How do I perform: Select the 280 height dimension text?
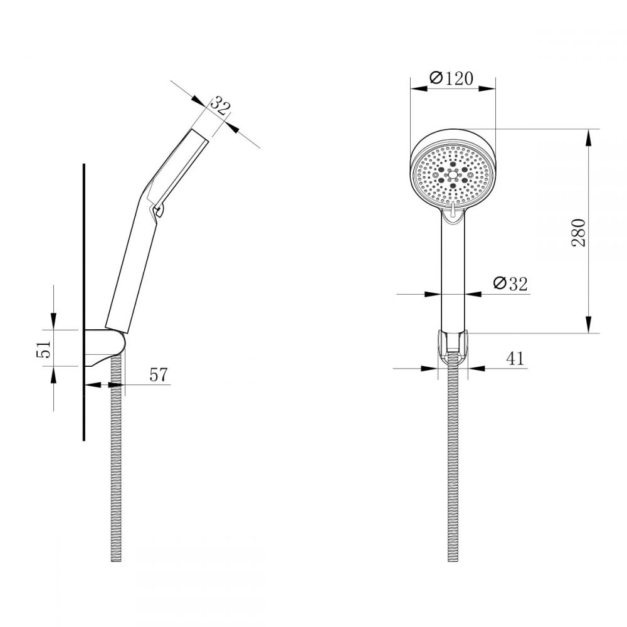pos(579,232)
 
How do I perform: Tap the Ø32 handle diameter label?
pos(509,283)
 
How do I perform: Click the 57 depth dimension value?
pos(158,374)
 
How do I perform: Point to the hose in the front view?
pos(452,470)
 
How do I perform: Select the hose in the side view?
pos(115,470)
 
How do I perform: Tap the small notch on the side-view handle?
pos(158,211)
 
